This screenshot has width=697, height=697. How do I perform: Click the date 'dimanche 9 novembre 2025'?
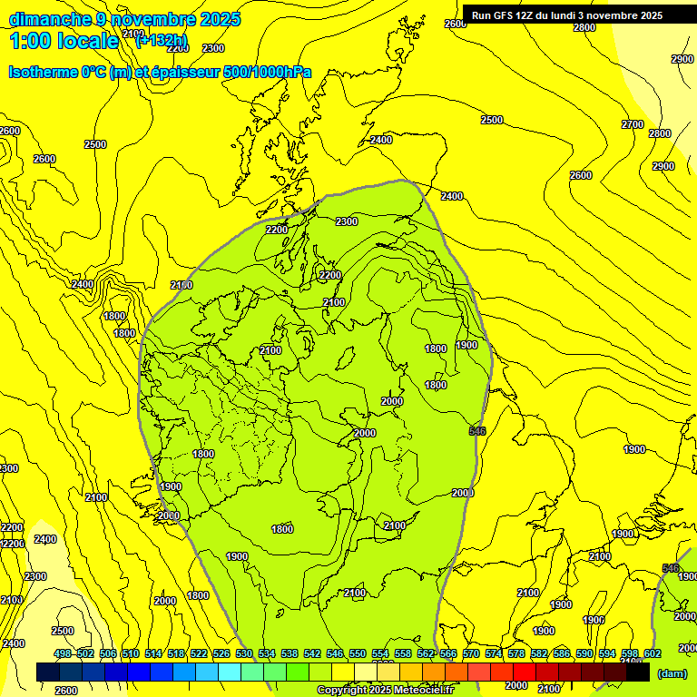(x=124, y=19)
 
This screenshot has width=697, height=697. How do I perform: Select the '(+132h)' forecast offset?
(x=162, y=40)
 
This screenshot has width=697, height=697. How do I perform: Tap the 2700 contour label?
(x=633, y=124)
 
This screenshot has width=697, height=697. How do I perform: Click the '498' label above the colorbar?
(x=63, y=653)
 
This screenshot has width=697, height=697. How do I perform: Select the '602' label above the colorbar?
(x=653, y=653)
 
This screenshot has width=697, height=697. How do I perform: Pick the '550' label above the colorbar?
(x=358, y=653)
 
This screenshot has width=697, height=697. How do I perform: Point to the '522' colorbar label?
(x=199, y=653)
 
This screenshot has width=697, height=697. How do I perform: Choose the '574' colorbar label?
(x=494, y=653)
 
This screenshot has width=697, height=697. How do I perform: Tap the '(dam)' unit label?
(x=672, y=673)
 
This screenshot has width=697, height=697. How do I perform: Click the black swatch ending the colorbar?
(x=638, y=672)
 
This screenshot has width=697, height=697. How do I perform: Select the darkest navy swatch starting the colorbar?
(x=47, y=672)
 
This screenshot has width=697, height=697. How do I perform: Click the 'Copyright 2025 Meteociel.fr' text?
(x=385, y=691)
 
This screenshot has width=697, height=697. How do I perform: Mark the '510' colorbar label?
(x=131, y=653)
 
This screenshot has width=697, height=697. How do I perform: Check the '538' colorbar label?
(x=290, y=653)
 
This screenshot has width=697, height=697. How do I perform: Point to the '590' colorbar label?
(x=584, y=653)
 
